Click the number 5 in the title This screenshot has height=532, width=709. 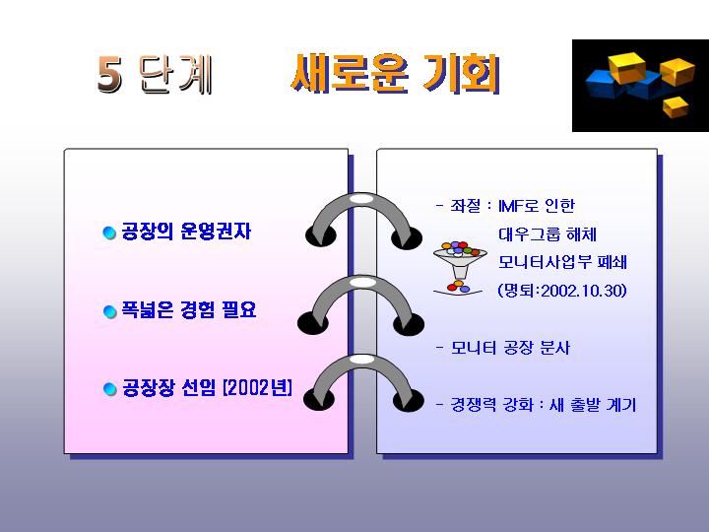pyautogui.click(x=110, y=75)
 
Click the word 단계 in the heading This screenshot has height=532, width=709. pyautogui.click(x=175, y=75)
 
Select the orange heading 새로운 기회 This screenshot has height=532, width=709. pyautogui.click(x=396, y=74)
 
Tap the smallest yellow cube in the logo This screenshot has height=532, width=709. pyautogui.click(x=676, y=106)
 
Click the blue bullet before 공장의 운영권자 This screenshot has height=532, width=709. pyautogui.click(x=109, y=233)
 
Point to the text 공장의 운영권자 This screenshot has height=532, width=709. pyautogui.click(x=186, y=232)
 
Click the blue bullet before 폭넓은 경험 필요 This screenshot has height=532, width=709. pyautogui.click(x=110, y=311)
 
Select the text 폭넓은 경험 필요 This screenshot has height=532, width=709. pyautogui.click(x=188, y=310)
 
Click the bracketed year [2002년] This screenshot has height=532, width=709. pyautogui.click(x=258, y=388)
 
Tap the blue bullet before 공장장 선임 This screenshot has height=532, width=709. pyautogui.click(x=110, y=388)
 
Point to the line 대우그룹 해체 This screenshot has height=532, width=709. pyautogui.click(x=548, y=234)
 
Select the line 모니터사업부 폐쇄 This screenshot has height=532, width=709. pyautogui.click(x=562, y=262)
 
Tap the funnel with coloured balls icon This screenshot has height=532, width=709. pyautogui.click(x=460, y=268)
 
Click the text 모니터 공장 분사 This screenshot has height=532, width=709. pyautogui.click(x=510, y=348)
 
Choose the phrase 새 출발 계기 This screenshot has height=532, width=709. pyautogui.click(x=593, y=405)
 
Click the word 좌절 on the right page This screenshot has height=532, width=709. pyautogui.click(x=465, y=206)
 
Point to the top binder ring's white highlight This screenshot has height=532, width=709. pyautogui.click(x=360, y=199)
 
